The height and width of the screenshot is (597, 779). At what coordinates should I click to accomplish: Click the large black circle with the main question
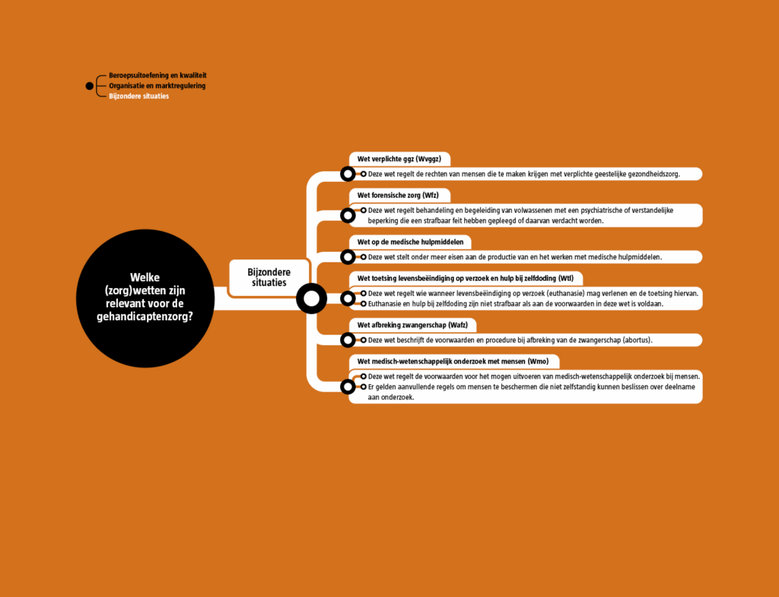click(145, 298)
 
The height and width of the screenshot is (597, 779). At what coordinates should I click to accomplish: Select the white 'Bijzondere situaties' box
click(269, 277)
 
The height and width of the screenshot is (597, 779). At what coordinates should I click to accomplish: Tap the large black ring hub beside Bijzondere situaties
click(310, 298)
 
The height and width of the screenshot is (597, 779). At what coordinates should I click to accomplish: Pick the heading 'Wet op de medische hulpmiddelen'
click(410, 242)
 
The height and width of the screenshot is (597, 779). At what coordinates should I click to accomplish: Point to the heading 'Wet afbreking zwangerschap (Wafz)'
click(412, 325)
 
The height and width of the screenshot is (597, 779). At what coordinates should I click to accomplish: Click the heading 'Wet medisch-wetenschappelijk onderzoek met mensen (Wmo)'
click(447, 361)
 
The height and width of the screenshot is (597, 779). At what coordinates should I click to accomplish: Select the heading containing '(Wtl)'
click(459, 278)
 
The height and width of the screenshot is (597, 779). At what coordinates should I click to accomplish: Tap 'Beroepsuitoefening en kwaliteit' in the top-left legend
click(157, 76)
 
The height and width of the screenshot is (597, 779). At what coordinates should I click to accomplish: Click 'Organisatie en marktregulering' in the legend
click(157, 86)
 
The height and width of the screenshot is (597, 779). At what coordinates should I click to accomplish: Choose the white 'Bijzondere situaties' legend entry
click(138, 97)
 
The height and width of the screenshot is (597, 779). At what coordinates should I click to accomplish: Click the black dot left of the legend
click(90, 86)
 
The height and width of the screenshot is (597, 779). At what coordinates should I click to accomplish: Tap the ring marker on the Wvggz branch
click(348, 174)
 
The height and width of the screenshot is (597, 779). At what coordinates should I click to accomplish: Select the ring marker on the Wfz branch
click(348, 215)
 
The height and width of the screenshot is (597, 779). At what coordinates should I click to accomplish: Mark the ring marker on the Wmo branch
click(348, 386)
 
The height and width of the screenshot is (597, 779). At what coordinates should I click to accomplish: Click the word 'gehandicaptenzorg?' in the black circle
click(145, 317)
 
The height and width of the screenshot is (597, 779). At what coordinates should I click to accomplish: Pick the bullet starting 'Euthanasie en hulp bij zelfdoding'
click(514, 303)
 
